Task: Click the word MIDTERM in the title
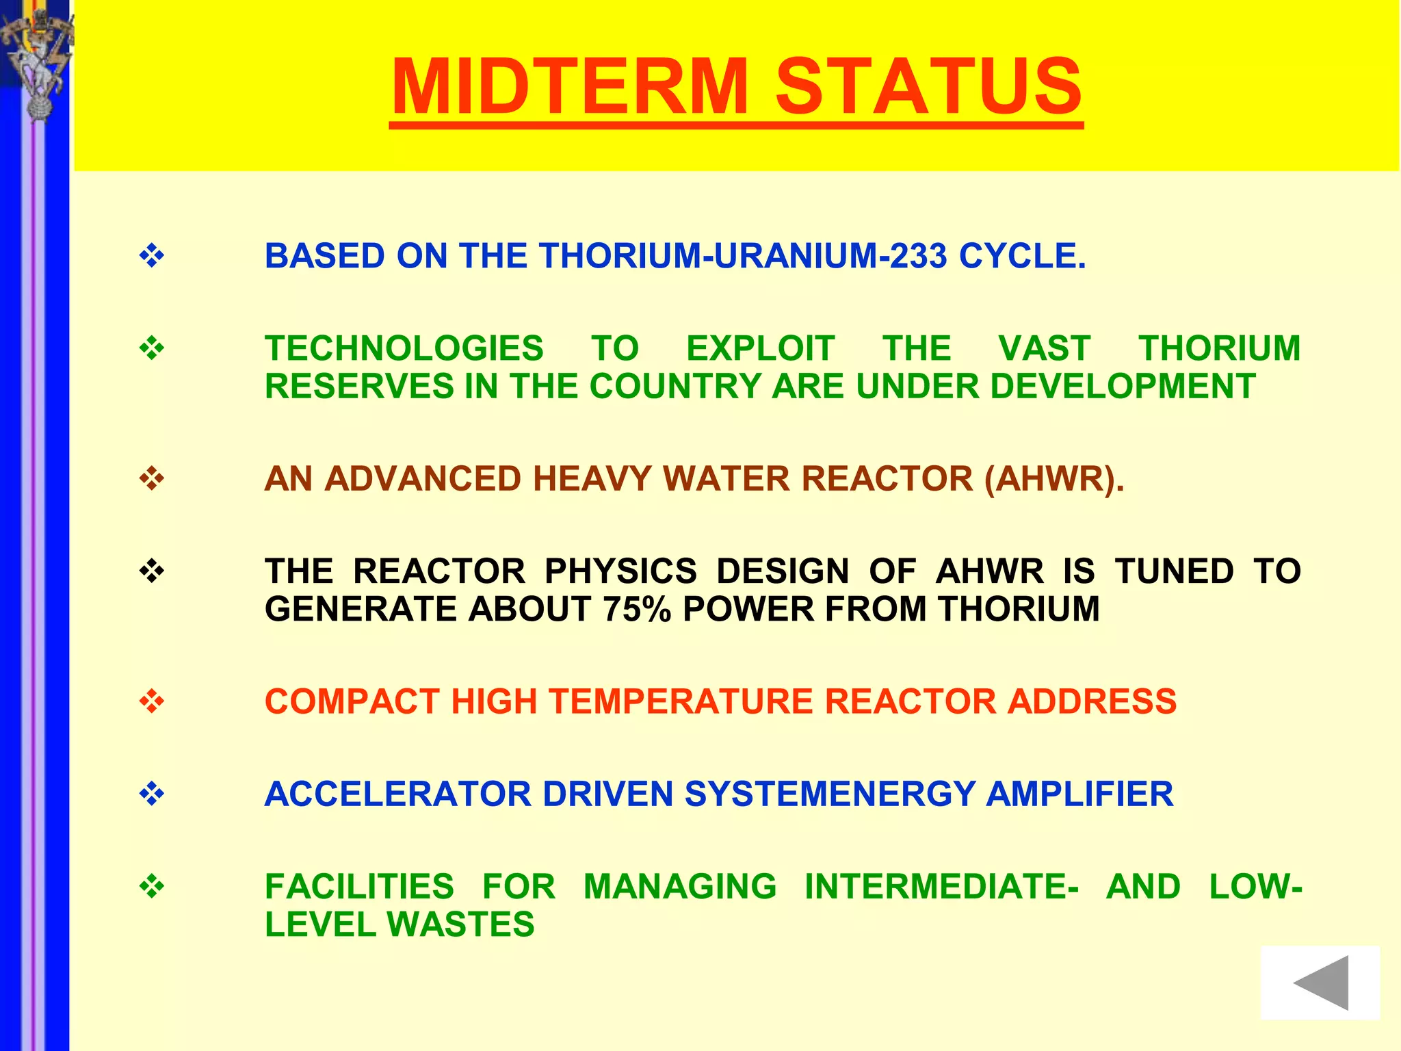[570, 87]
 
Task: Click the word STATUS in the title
[928, 87]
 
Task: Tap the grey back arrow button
[1320, 983]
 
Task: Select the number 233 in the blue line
[919, 257]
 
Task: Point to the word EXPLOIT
[760, 348]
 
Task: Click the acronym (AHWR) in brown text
[1053, 479]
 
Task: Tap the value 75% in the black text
[637, 609]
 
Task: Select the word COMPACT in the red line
[352, 702]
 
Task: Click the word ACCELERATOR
[397, 794]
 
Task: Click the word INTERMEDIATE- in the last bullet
[941, 887]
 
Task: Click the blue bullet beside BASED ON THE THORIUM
[152, 257]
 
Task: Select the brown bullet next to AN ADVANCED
[152, 478]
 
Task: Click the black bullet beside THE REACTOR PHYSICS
[152, 571]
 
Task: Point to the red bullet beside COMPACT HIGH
[152, 701]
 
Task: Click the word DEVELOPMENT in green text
[1122, 387]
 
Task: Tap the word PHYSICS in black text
[620, 571]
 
